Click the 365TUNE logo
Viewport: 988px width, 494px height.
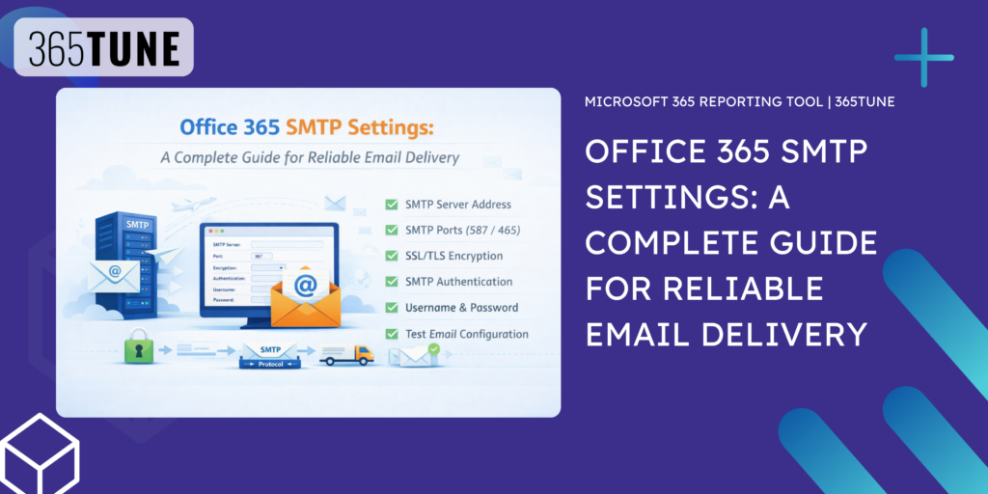click(103, 47)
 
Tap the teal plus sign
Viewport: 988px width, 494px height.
click(924, 57)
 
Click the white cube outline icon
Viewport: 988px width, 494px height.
click(40, 453)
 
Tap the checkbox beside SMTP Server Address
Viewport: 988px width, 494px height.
click(392, 205)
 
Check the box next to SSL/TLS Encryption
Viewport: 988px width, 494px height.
click(392, 257)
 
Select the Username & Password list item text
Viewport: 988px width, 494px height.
click(462, 308)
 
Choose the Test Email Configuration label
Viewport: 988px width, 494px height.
click(468, 334)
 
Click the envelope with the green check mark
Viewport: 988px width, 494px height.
click(415, 355)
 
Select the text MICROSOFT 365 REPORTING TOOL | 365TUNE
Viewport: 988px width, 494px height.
click(740, 101)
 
